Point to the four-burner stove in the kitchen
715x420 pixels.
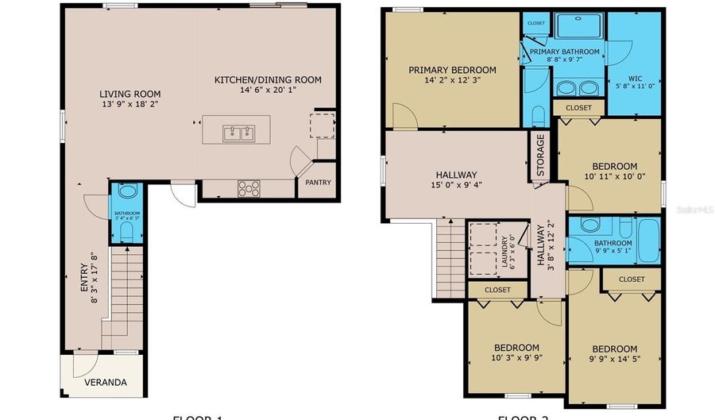tap(249, 188)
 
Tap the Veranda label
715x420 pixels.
tap(106, 383)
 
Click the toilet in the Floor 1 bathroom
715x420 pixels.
tap(126, 231)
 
